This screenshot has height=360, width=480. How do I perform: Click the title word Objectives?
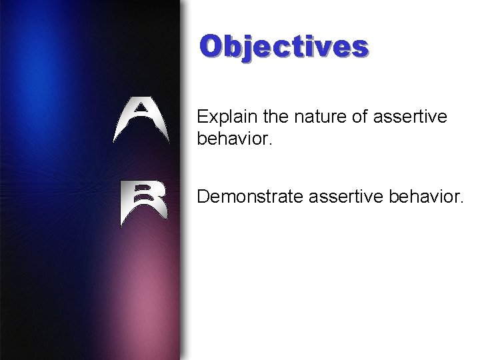[284, 47]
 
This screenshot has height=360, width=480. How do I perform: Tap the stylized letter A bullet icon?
[141, 120]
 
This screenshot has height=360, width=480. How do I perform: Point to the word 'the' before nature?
[277, 117]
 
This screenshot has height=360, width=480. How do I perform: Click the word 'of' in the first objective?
[361, 117]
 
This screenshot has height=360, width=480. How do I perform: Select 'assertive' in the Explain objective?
[411, 117]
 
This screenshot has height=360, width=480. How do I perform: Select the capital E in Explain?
[203, 117]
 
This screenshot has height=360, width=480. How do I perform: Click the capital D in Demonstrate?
[204, 197]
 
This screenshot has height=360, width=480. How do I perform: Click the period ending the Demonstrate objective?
[460, 202]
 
